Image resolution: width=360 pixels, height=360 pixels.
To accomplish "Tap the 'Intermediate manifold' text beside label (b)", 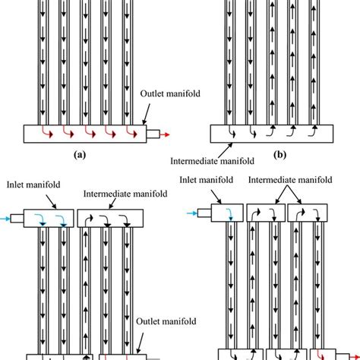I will [207, 161].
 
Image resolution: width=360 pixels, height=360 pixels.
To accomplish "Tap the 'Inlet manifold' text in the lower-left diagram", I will [33, 184].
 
